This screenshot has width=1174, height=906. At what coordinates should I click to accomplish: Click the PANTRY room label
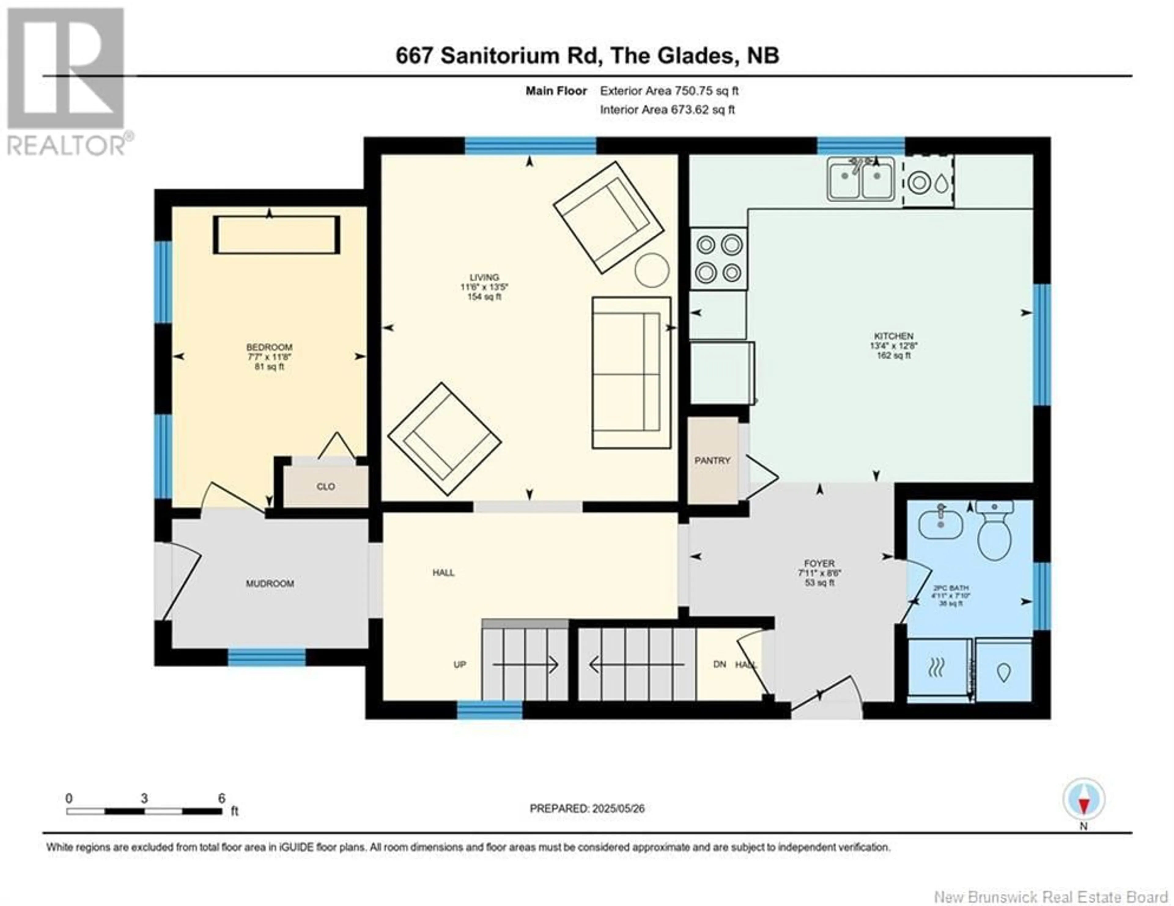coord(712,461)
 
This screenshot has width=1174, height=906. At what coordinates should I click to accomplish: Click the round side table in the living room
coord(652,270)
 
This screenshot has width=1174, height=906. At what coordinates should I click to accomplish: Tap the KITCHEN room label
coord(893,336)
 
